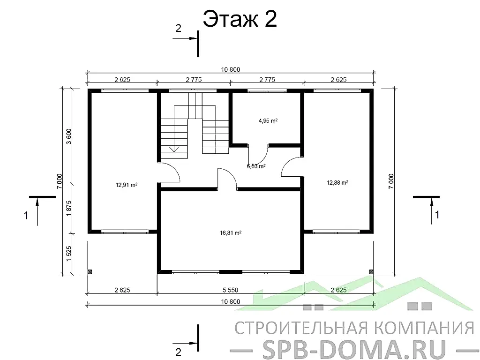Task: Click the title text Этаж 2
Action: click(240, 20)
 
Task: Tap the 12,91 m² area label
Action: click(127, 185)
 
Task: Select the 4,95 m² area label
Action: click(268, 120)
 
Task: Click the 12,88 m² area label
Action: click(337, 182)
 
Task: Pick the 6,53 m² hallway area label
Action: click(256, 166)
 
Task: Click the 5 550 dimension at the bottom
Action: click(231, 290)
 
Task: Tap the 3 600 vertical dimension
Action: click(69, 136)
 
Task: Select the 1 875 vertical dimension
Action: click(69, 208)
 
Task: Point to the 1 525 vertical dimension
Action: click(69, 254)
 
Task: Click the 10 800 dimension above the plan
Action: click(231, 69)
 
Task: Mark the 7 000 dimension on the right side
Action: click(391, 181)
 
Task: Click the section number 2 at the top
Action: click(178, 29)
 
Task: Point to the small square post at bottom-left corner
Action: click(90, 271)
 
